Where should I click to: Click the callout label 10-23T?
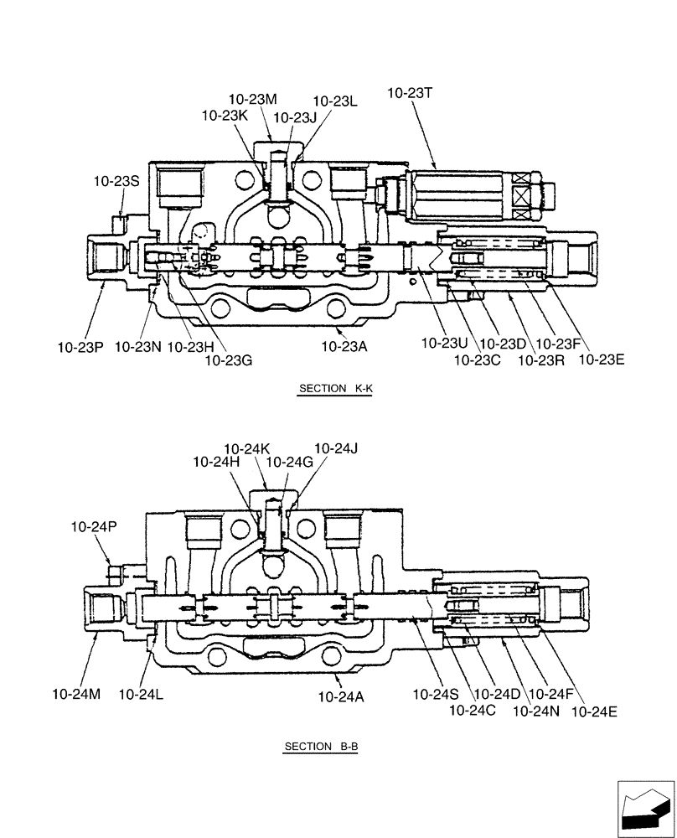410,94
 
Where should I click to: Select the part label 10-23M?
252,99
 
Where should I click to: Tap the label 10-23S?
116,180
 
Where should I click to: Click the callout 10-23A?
344,345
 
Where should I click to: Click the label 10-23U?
443,344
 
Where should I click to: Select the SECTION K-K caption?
333,389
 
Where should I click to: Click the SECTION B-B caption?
321,747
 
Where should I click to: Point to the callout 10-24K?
247,448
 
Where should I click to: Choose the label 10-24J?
336,448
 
